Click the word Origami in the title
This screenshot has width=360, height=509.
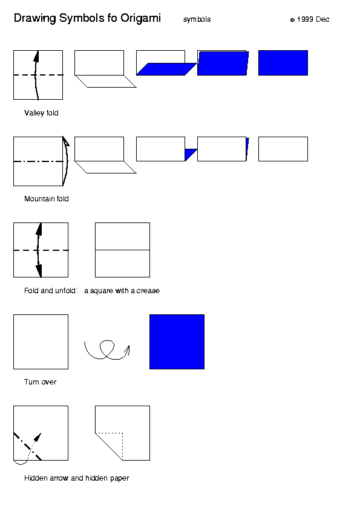tap(140, 19)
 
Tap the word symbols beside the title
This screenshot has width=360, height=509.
tap(197, 19)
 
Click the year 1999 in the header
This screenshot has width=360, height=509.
tap(305, 19)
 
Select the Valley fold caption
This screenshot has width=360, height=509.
tap(41, 113)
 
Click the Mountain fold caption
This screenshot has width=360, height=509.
tap(47, 199)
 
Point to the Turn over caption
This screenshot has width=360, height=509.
tap(41, 382)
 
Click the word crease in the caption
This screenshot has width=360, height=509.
tap(148, 291)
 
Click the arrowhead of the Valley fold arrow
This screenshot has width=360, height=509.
tap(36, 56)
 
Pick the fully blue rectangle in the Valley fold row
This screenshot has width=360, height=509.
tap(283, 63)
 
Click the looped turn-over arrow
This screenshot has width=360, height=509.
tap(107, 350)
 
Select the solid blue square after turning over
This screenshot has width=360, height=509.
tap(177, 342)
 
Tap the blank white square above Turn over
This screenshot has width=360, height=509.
tap(41, 342)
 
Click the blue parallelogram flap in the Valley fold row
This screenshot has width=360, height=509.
tap(166, 69)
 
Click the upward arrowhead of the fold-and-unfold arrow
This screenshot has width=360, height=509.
tap(39, 229)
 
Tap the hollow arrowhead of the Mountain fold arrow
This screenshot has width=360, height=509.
tap(65, 141)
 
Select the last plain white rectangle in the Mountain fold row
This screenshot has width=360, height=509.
tap(283, 149)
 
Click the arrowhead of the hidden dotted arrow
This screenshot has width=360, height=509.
tap(38, 437)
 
